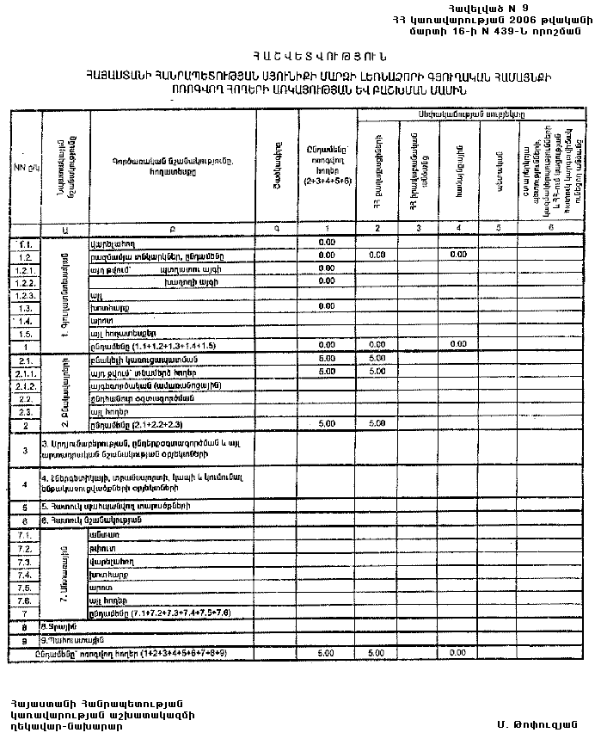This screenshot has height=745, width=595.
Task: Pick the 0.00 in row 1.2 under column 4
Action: (x=458, y=256)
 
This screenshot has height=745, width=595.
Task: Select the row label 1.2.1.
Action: (x=25, y=269)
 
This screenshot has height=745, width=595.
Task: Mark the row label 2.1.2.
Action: (x=25, y=385)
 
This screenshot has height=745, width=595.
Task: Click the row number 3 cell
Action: (x=25, y=450)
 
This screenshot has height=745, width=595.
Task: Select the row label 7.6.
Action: (x=25, y=600)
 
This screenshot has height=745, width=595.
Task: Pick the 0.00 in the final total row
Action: (x=458, y=654)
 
